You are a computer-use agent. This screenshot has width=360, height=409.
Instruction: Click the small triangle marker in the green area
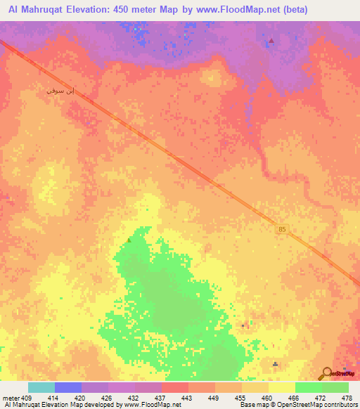pos(128,240)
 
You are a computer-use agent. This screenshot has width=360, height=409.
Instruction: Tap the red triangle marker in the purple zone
pos(271,41)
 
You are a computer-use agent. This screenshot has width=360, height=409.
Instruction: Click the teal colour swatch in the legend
pos(41,387)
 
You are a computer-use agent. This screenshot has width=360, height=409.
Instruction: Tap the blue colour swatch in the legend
pos(68,387)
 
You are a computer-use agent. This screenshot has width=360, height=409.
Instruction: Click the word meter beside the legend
pos(11,398)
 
